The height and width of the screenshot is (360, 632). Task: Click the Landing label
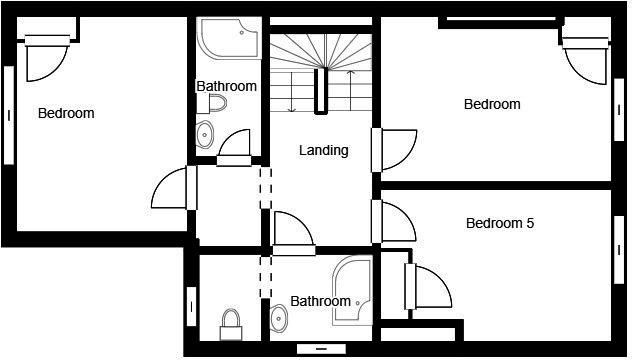324,151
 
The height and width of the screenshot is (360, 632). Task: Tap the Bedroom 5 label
500,223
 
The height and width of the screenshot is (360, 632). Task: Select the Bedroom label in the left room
66,113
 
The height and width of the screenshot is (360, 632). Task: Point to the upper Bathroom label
227,86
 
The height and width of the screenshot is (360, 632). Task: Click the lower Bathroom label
321,301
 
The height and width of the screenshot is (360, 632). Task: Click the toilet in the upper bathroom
212,104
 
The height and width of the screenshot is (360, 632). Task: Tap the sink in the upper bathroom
205,134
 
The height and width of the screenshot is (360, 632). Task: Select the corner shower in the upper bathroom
229,39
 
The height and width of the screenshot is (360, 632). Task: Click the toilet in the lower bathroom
231,325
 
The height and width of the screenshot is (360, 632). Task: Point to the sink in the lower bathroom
279,318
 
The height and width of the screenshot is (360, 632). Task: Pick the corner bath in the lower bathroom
351,291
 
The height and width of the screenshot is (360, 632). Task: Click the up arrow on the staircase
351,91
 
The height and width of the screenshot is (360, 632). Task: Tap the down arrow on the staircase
292,92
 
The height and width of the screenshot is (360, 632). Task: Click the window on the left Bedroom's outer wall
9,115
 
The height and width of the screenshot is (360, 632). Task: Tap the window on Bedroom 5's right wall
619,250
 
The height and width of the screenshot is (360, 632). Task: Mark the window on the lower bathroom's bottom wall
321,349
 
